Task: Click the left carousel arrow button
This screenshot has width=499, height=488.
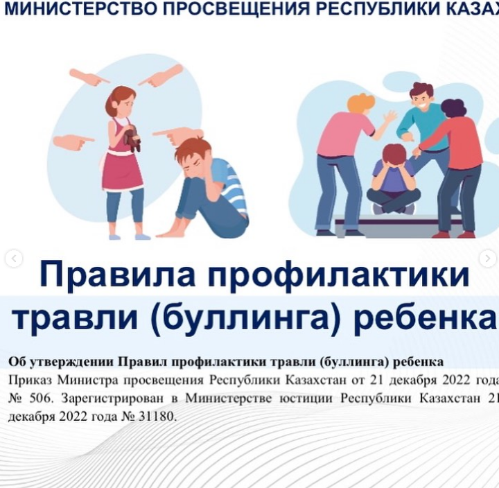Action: [x=14, y=259]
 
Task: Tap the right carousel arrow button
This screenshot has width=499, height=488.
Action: [x=487, y=259]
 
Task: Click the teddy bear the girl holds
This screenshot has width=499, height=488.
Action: [x=132, y=139]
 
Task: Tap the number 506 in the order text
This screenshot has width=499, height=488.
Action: [x=40, y=399]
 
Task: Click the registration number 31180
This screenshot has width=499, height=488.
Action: [x=156, y=417]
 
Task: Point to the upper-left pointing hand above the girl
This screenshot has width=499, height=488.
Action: [x=89, y=77]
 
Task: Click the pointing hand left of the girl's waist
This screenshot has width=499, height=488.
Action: [x=73, y=141]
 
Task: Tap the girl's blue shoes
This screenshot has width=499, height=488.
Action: [x=130, y=237]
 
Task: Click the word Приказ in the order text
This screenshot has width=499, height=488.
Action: [x=31, y=381]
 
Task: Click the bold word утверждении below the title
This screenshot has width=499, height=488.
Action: [x=71, y=363]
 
